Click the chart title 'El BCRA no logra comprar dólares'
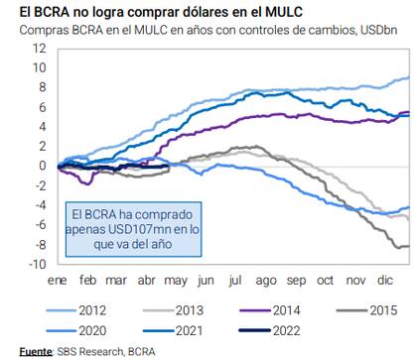coord(147,11)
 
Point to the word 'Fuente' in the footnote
coord(36,351)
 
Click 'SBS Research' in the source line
coord(91,351)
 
